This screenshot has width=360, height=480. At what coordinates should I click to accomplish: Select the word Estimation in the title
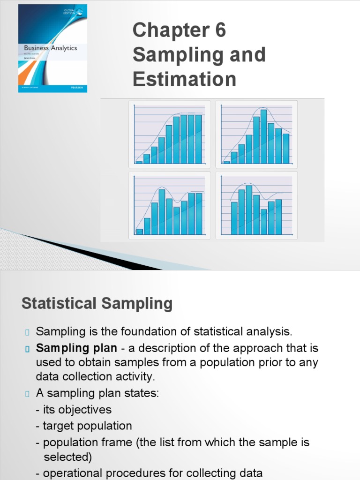pyautogui.click(x=184, y=79)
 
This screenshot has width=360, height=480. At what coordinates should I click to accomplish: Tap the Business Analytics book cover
pyautogui.click(x=52, y=48)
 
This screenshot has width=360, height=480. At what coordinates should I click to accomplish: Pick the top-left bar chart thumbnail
pyautogui.click(x=169, y=134)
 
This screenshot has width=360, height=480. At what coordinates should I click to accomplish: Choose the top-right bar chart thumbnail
pyautogui.click(x=256, y=134)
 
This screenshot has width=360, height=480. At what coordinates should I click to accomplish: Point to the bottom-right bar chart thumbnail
pyautogui.click(x=256, y=205)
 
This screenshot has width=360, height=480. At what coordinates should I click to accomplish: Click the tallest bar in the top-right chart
pyautogui.click(x=263, y=136)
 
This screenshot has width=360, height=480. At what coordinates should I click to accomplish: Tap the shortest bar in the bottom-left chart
pyautogui.click(x=139, y=231)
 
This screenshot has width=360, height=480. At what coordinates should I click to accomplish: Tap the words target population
pyautogui.click(x=87, y=426)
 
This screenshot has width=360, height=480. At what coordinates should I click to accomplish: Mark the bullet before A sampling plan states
pyautogui.click(x=27, y=394)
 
